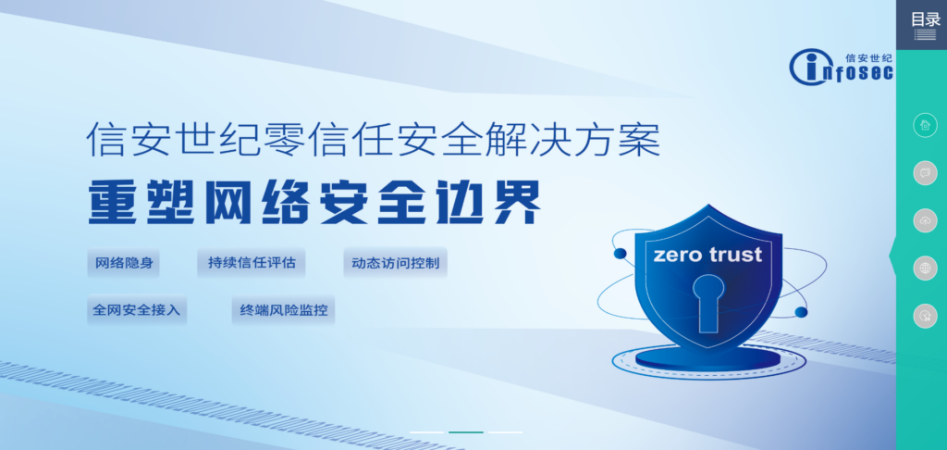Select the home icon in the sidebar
(x=925, y=125)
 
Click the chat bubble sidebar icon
(x=925, y=172)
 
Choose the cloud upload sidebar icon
(x=925, y=220)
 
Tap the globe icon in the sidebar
(x=925, y=269)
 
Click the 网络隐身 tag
(x=122, y=263)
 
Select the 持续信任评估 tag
(x=251, y=263)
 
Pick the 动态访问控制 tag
(x=395, y=263)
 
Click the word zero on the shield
(x=680, y=254)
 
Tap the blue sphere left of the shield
(x=620, y=252)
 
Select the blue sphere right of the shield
(x=801, y=312)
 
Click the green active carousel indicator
(x=465, y=432)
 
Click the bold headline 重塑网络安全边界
(x=314, y=200)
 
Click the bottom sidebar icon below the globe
(x=925, y=317)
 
